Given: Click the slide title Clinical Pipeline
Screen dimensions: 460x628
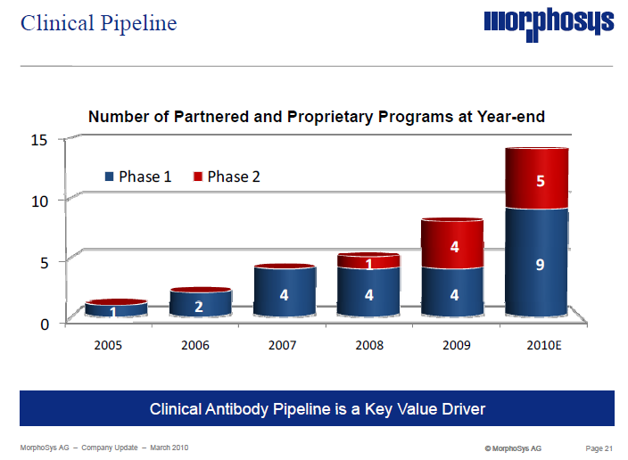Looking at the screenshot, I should coord(98,23).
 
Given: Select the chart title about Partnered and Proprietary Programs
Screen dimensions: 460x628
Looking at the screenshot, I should coord(316,117).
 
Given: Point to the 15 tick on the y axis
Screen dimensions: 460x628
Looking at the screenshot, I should coord(38,139).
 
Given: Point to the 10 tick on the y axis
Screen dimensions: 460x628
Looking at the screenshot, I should coord(38,201).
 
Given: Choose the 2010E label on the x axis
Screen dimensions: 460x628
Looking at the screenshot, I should coord(536,345).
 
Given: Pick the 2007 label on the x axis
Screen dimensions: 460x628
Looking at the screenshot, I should coord(282,345).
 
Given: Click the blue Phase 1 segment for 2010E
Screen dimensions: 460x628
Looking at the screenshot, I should coord(537,263).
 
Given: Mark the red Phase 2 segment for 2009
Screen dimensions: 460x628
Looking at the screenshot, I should coord(452,245).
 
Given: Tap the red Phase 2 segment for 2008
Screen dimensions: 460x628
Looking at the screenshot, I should coord(368,262).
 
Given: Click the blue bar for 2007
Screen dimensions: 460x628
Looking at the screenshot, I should coord(284,292).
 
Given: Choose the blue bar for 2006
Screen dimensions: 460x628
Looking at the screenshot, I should coord(200,304).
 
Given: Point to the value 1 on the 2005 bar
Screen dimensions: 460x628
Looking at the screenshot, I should coord(113,312).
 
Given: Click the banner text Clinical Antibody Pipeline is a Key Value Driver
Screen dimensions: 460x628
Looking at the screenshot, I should coord(317,409).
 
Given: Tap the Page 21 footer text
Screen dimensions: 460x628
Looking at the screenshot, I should coord(598,447).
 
